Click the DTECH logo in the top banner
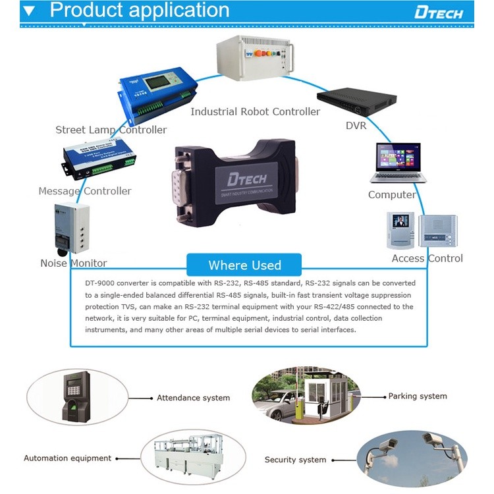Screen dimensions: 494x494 (x=439, y=13)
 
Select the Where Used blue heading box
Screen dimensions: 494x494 (x=244, y=265)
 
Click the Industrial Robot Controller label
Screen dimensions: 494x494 (x=255, y=112)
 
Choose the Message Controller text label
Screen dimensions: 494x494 (x=85, y=191)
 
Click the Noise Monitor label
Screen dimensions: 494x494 (x=73, y=263)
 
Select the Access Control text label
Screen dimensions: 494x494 (x=427, y=258)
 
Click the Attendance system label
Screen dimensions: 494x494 (x=193, y=398)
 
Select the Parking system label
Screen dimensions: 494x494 (x=418, y=396)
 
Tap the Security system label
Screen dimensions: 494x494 (x=295, y=460)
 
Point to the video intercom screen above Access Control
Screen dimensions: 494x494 (x=400, y=221)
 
